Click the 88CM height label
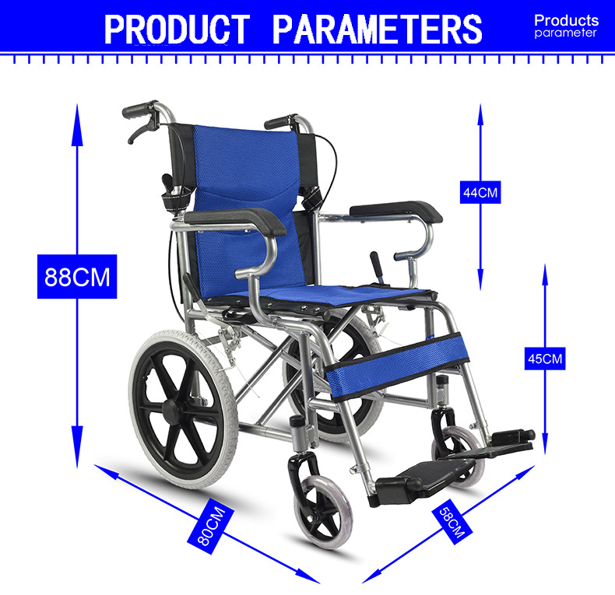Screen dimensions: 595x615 coord(77,276)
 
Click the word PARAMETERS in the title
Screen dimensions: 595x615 coord(378,30)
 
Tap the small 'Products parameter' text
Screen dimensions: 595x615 coord(566,26)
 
